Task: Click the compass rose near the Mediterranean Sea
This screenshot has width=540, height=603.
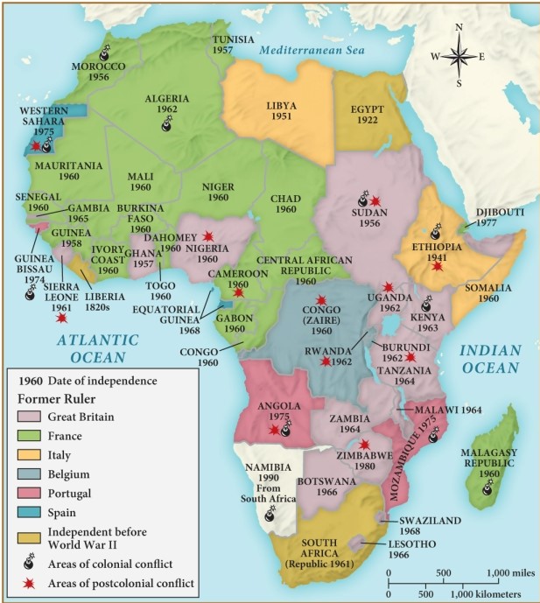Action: pos(459,56)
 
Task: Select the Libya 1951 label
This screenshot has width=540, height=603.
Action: pos(282,111)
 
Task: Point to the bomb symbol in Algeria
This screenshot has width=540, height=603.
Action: pos(167,126)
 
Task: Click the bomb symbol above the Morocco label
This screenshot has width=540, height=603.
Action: pos(105,54)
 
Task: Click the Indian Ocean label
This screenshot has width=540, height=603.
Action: pos(490,360)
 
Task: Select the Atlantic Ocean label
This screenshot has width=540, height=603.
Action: pos(88,348)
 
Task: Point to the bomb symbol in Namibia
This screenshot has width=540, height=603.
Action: pos(270,515)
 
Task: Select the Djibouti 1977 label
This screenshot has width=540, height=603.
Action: pos(500,217)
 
